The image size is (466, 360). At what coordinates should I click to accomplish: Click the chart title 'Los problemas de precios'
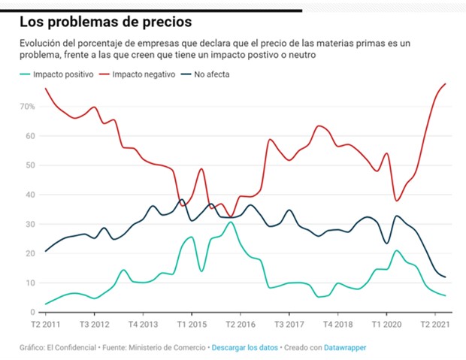[104, 20]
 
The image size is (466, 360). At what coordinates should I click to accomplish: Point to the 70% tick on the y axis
[27, 107]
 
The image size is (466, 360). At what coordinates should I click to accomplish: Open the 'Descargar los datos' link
[247, 348]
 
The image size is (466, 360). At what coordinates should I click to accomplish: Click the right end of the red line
[446, 83]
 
